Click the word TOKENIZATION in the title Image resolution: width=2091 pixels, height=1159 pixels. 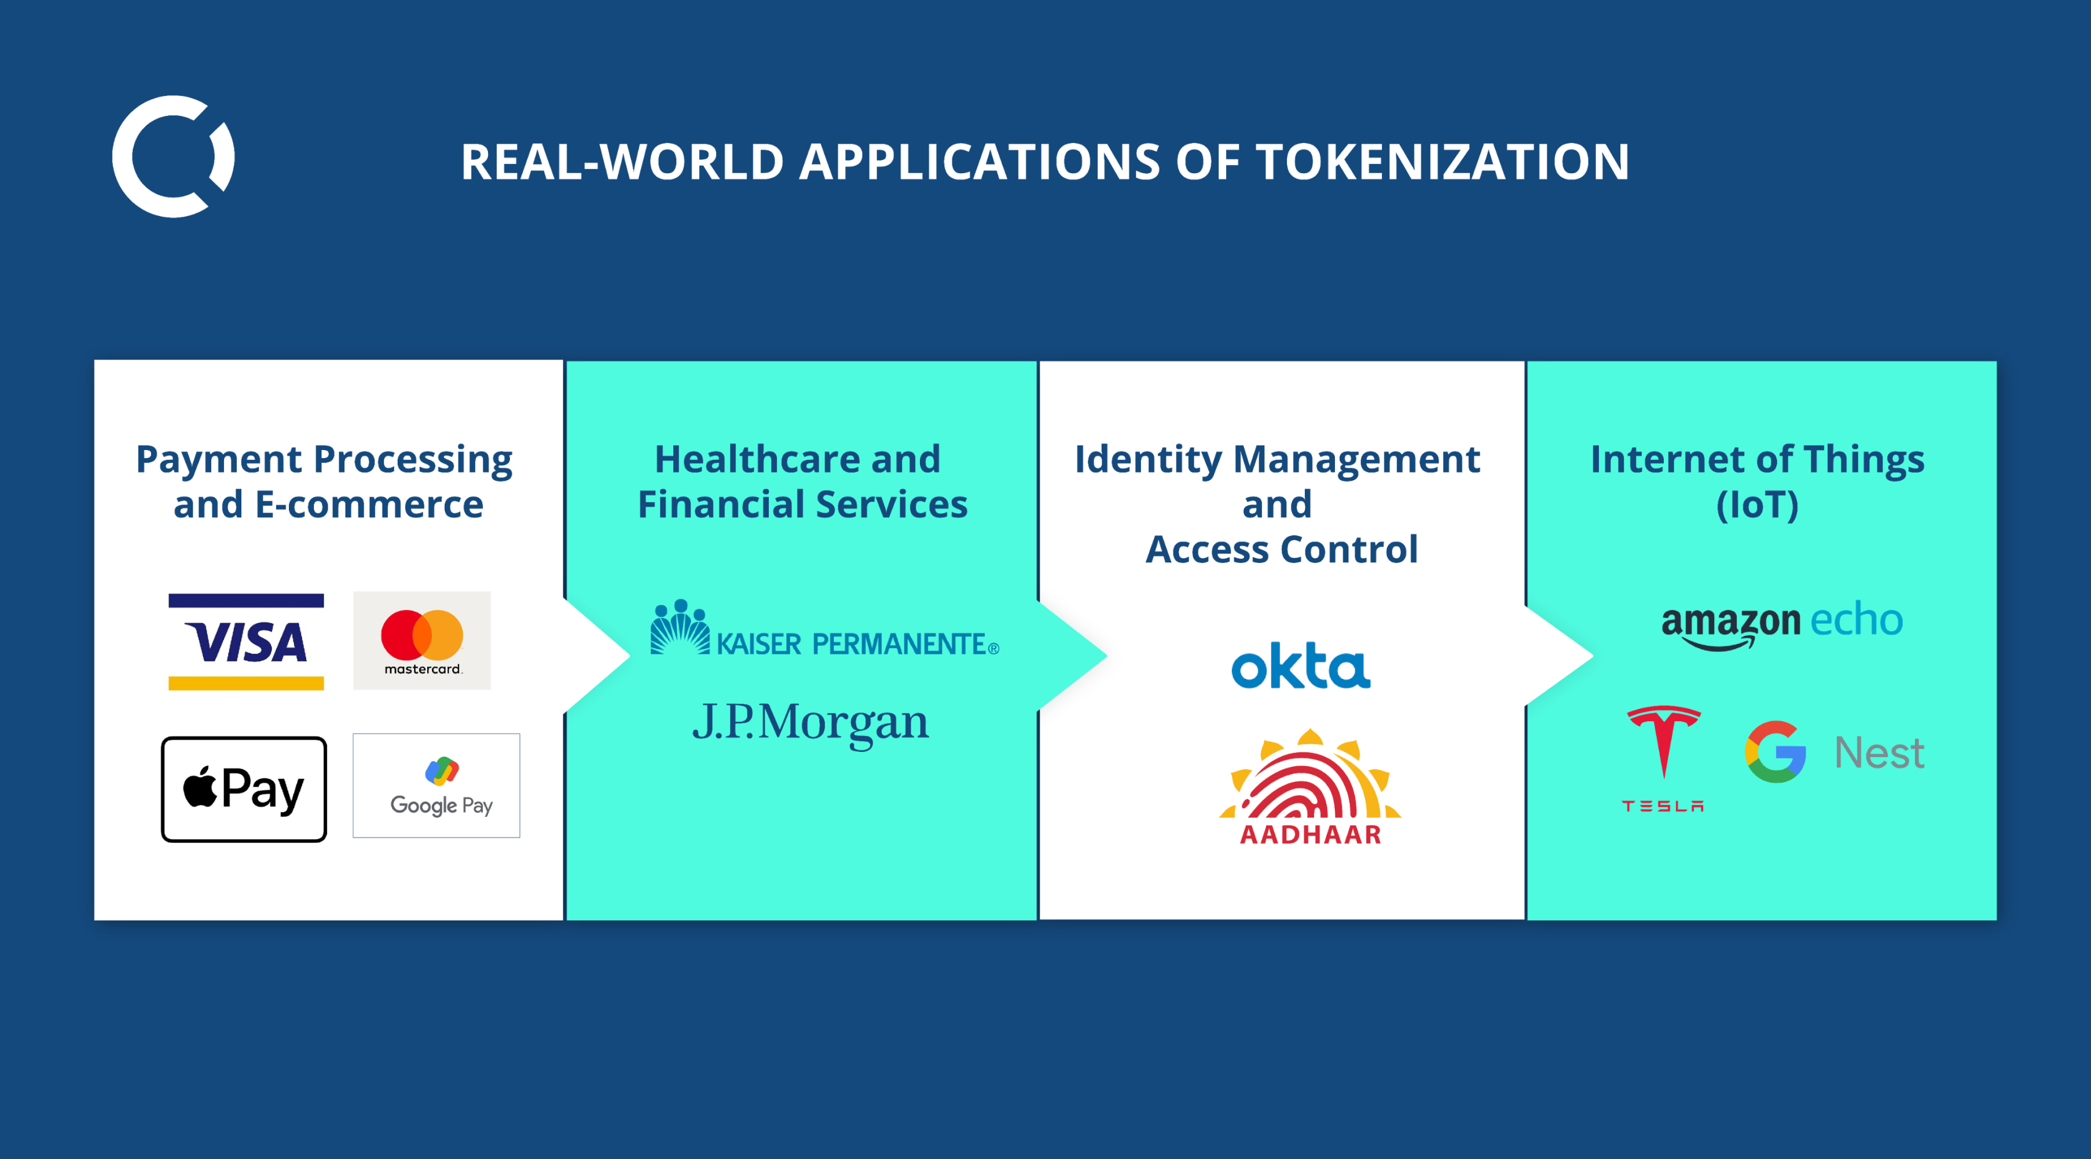click(x=1443, y=161)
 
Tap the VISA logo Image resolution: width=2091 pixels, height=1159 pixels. click(x=246, y=642)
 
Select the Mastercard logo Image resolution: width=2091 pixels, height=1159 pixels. click(x=422, y=641)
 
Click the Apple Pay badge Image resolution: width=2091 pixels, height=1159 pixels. click(x=244, y=789)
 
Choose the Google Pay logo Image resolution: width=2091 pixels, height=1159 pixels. click(x=436, y=785)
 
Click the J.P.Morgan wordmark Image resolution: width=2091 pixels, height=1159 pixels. click(x=810, y=722)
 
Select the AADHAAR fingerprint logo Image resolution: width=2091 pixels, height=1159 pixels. click(x=1310, y=787)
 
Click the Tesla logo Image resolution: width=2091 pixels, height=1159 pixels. click(x=1663, y=759)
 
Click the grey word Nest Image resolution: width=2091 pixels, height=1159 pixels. click(x=1879, y=753)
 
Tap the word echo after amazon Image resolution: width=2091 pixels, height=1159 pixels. click(x=1857, y=620)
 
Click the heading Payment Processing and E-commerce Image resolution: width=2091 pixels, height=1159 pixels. click(x=325, y=482)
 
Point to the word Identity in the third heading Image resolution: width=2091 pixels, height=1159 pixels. click(x=1148, y=460)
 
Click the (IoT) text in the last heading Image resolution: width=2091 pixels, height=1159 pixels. click(x=1758, y=505)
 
